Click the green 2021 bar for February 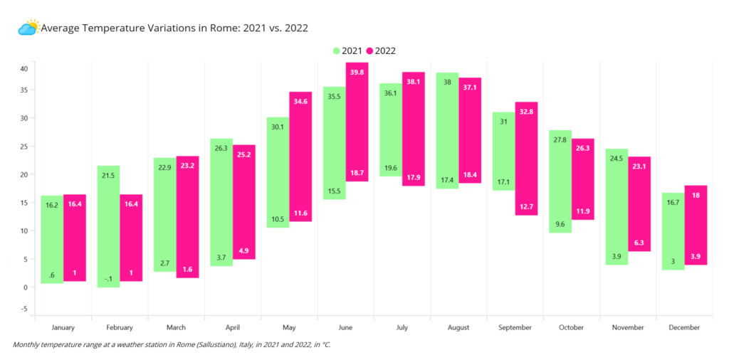click(x=108, y=227)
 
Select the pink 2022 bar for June click(x=357, y=122)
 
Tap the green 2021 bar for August click(x=447, y=130)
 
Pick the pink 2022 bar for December click(x=696, y=226)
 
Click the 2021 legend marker click(x=337, y=51)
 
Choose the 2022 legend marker click(x=370, y=51)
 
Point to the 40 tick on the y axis click(x=24, y=69)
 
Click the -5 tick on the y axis click(x=24, y=309)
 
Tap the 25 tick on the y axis click(x=24, y=147)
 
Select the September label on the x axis click(x=515, y=327)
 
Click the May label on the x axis click(x=289, y=327)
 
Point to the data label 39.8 click(x=357, y=72)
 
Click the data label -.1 click(x=108, y=279)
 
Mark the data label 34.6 click(x=301, y=101)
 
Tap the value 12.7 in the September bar click(x=526, y=206)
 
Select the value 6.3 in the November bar click(x=639, y=243)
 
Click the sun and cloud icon click(x=28, y=28)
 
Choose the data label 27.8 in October click(x=560, y=139)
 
